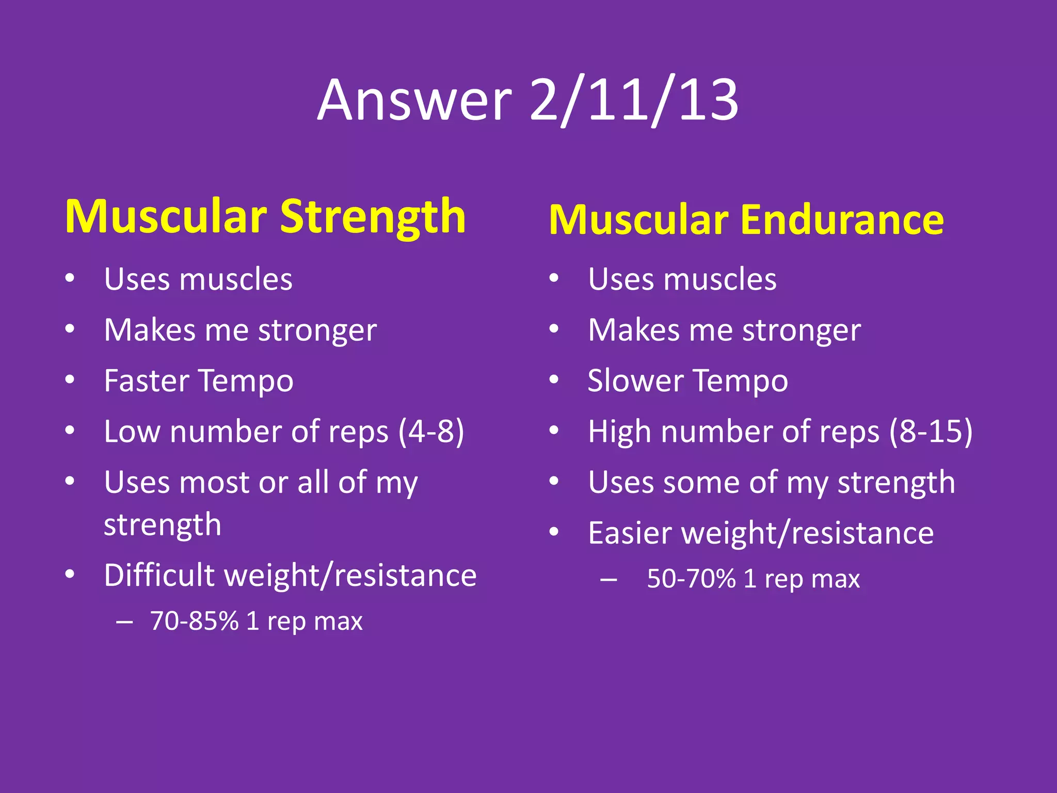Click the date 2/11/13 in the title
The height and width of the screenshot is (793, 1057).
click(634, 100)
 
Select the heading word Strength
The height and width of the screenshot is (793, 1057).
click(373, 217)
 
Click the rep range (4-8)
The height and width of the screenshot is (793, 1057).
click(431, 432)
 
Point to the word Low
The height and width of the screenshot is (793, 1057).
click(132, 432)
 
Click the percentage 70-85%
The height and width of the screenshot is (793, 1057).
click(194, 621)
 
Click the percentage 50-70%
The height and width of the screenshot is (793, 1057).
click(691, 579)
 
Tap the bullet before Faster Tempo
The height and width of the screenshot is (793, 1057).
click(70, 380)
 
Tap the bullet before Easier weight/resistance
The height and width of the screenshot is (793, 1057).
click(554, 532)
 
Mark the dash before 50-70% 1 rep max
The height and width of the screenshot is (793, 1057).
click(608, 580)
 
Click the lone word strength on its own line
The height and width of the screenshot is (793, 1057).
click(163, 525)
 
